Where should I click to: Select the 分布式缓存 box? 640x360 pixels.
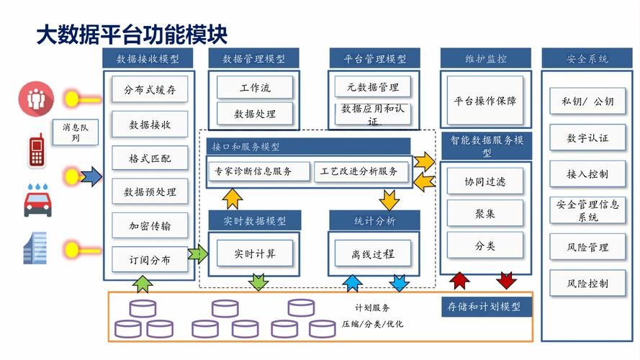pyautogui.click(x=150, y=90)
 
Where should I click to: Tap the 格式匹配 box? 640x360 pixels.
pyautogui.click(x=150, y=158)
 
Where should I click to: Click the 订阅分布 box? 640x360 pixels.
pyautogui.click(x=150, y=260)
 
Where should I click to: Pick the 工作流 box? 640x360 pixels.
pyautogui.click(x=255, y=88)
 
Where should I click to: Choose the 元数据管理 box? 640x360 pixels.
pyautogui.click(x=372, y=87)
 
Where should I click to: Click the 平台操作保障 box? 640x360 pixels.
pyautogui.click(x=484, y=101)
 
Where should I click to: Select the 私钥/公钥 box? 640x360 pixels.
pyautogui.click(x=587, y=102)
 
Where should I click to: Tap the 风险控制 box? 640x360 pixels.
pyautogui.click(x=587, y=283)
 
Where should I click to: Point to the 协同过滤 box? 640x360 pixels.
pyautogui.click(x=484, y=181)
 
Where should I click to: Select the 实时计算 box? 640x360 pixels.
pyautogui.click(x=255, y=253)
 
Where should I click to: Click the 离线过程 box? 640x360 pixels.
pyautogui.click(x=372, y=253)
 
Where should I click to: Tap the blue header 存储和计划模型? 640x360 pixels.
pyautogui.click(x=484, y=307)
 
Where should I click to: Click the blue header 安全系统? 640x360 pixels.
pyautogui.click(x=587, y=58)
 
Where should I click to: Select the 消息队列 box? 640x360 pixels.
pyautogui.click(x=76, y=132)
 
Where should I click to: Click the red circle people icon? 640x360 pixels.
pyautogui.click(x=33, y=98)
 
